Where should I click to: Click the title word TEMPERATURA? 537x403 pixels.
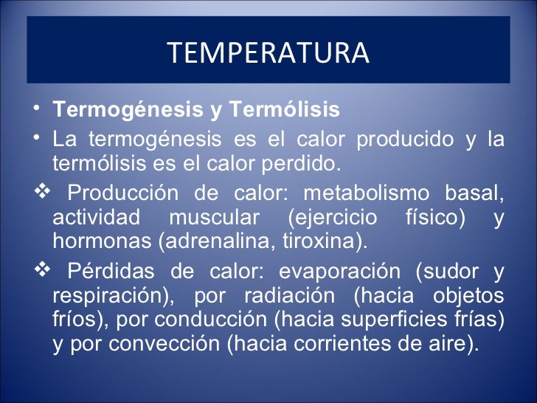coord(268,53)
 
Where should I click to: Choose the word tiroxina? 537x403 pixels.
coord(320,241)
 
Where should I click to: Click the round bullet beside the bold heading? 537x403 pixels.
coord(38,111)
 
